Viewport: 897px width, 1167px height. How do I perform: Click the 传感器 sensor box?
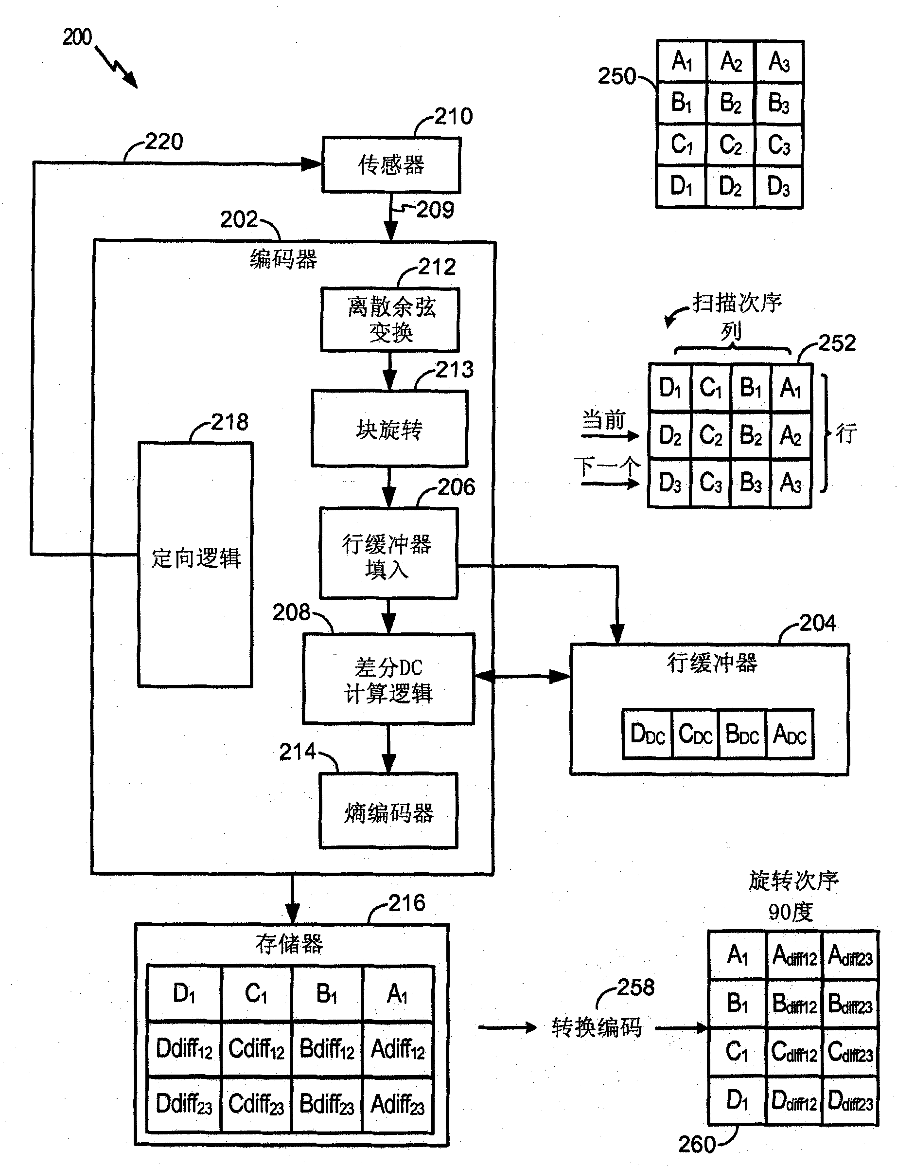coord(391,165)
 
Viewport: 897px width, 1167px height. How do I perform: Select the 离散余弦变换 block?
coord(390,320)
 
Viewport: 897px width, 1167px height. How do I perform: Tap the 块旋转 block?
coord(389,429)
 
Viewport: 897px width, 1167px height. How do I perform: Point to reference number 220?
coord(164,142)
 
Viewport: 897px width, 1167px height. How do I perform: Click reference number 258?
coord(635,987)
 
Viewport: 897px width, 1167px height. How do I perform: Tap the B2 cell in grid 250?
coord(730,103)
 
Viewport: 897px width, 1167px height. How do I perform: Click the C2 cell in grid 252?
coord(710,435)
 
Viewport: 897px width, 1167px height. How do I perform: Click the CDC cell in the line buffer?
coord(695,734)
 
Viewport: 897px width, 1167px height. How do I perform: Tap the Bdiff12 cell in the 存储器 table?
coord(327,1048)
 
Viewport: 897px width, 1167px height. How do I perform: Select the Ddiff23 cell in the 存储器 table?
coord(184,1103)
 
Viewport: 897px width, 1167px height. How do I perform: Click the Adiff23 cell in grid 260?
coord(850,956)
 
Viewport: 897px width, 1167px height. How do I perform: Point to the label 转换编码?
coord(597,1027)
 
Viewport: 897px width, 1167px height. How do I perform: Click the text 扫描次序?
coord(737,303)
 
